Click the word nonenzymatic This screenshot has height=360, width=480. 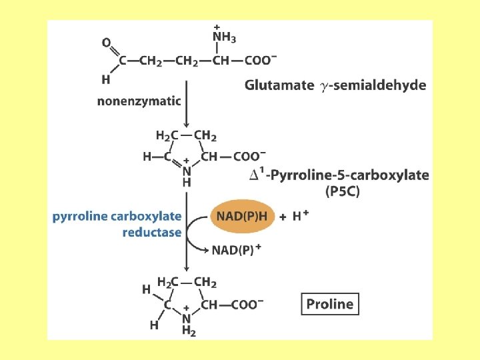pos(139,101)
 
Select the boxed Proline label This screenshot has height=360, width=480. pos(329,305)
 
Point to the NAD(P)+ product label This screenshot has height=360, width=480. pos(236,250)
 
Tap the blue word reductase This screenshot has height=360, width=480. pos(152,232)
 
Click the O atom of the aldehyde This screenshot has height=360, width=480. pos(107,43)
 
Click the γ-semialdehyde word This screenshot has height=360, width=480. pos(373,85)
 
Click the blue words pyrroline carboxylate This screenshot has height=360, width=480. pos(117,216)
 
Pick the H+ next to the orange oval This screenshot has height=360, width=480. pos(301,216)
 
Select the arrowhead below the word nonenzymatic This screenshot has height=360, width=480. pos(187,125)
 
